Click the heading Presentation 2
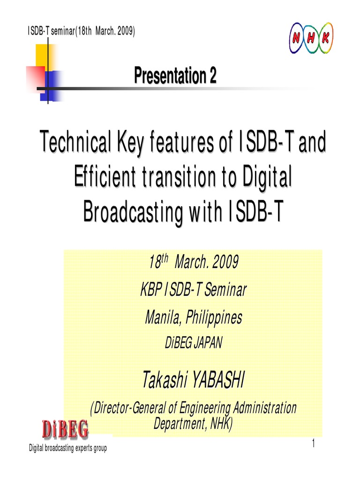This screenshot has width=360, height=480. tap(175, 76)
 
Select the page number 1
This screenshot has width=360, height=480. tap(313, 444)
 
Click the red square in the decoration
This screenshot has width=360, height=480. tap(36, 77)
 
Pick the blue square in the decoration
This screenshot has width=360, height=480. tap(52, 86)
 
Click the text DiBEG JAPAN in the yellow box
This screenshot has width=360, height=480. tap(193, 343)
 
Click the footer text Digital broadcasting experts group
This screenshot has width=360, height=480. tap(68, 449)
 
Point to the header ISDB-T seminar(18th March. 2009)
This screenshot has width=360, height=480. tap(82, 31)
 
